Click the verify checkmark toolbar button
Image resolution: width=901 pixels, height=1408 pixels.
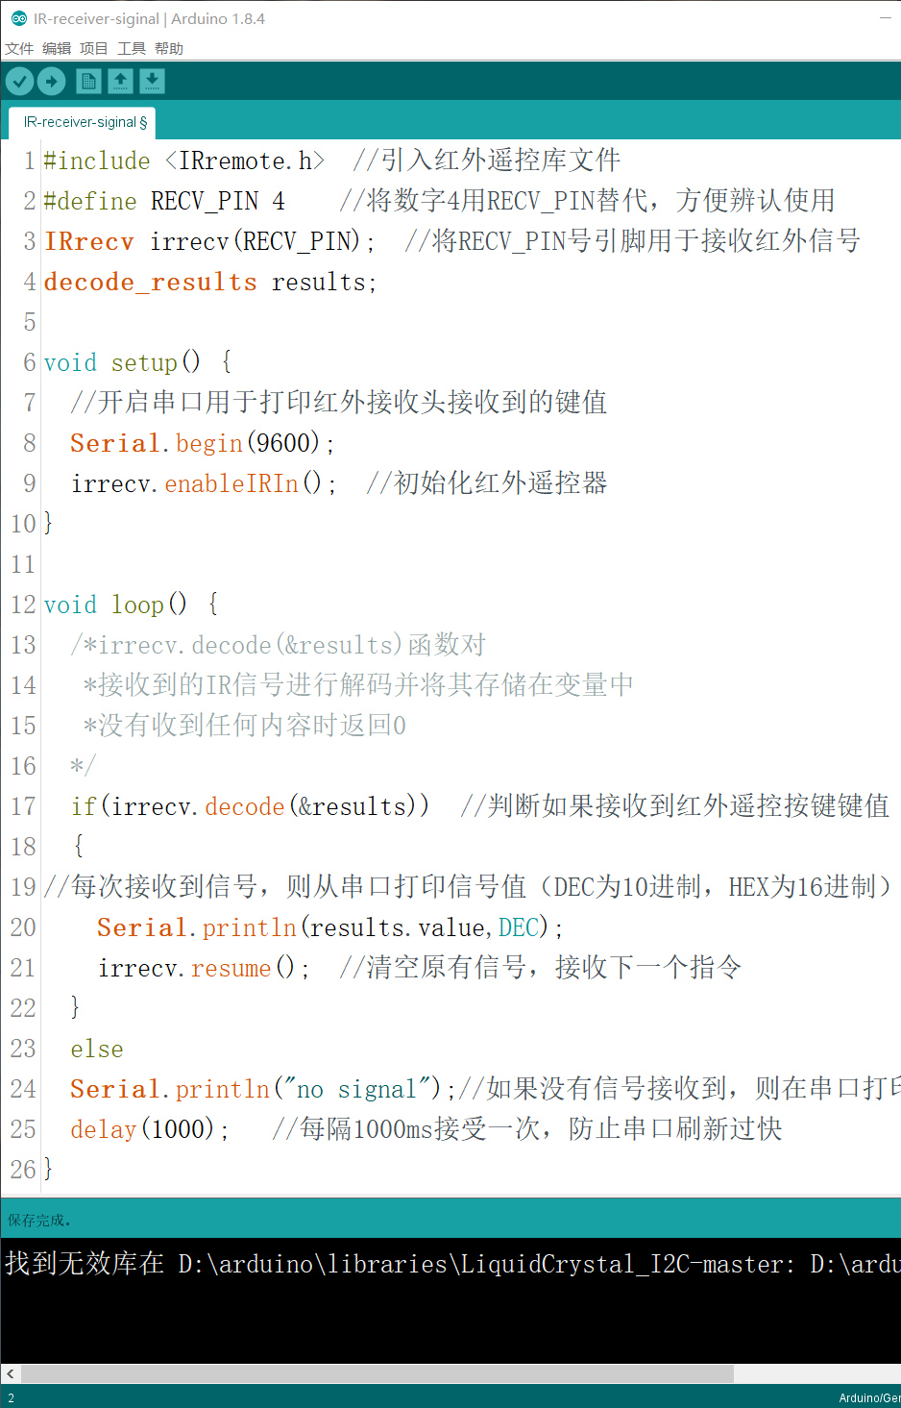click(x=19, y=82)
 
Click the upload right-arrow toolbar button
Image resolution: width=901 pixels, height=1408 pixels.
click(x=52, y=82)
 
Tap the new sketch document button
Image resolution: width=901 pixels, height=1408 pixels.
click(x=88, y=82)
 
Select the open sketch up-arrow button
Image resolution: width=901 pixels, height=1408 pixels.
click(x=120, y=82)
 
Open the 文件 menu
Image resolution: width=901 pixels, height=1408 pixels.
click(x=19, y=48)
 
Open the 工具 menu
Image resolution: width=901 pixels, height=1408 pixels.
click(x=132, y=48)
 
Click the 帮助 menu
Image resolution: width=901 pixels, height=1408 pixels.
click(x=169, y=48)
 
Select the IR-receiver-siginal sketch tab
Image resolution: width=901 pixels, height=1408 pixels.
click(x=84, y=122)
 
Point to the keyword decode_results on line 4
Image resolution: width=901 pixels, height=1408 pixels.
click(x=150, y=282)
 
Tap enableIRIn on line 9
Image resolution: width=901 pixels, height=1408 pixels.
click(x=231, y=483)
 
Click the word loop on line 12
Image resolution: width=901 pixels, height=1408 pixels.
click(x=137, y=605)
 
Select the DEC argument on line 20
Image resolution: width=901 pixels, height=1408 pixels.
click(x=519, y=927)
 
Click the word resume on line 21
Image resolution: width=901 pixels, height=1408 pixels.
click(x=231, y=968)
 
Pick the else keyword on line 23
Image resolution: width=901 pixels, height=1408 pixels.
click(x=96, y=1049)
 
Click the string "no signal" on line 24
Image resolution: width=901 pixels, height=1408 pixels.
click(x=356, y=1089)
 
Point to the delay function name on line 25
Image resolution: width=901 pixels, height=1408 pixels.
click(x=103, y=1129)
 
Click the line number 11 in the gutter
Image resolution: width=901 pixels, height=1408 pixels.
click(x=23, y=564)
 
